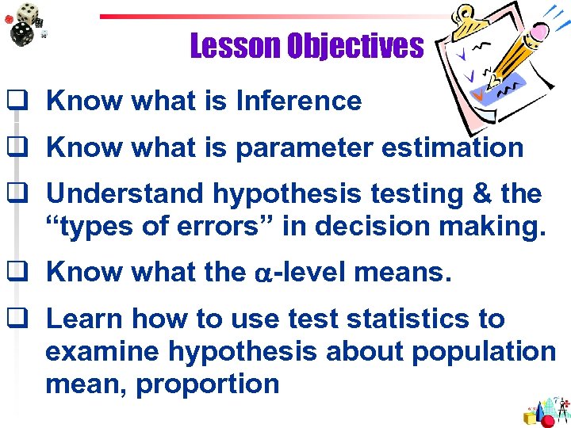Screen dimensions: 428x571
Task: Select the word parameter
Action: tap(332, 148)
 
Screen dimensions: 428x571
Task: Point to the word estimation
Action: tap(460, 147)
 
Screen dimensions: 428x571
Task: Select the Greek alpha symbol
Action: tap(263, 274)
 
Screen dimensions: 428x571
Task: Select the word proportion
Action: tap(207, 384)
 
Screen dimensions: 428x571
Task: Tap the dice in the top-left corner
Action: tap(24, 22)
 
